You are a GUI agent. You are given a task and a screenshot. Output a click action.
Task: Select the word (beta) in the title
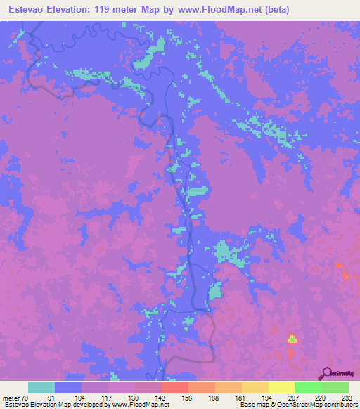coord(274,9)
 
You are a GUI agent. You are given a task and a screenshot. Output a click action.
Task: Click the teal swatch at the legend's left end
coord(41,387)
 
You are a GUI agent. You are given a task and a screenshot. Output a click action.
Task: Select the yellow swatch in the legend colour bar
coord(281,387)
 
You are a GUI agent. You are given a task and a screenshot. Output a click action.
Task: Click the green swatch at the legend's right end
coord(335,387)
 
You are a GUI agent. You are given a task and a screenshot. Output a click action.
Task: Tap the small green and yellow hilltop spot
coord(292,338)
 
